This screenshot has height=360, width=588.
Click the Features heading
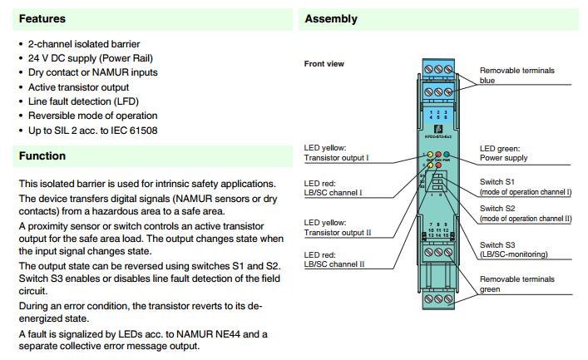[42, 18]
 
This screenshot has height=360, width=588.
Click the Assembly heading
[331, 18]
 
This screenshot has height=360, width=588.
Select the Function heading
[42, 155]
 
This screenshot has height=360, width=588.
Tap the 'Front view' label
[324, 64]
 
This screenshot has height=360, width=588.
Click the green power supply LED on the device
[446, 155]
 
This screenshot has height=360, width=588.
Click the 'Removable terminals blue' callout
[516, 76]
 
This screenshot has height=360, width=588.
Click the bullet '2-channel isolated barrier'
[84, 43]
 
